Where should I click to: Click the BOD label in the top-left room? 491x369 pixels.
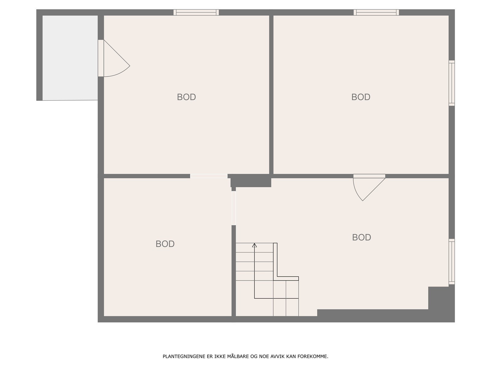186,97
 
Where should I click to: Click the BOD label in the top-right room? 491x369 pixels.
361,97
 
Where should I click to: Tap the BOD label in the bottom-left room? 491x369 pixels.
165,244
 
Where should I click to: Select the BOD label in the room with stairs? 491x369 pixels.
361,237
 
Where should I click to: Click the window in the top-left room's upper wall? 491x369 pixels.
196,12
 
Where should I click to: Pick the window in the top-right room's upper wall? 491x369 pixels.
376,12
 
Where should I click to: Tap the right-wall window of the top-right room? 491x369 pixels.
452,83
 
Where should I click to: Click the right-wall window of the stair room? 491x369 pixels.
452,261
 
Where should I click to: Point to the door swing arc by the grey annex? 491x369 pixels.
121,73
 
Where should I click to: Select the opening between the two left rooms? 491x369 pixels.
209,176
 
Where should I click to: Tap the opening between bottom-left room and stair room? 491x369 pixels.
234,208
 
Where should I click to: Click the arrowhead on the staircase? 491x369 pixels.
254,245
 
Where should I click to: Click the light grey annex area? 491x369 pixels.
70,58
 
